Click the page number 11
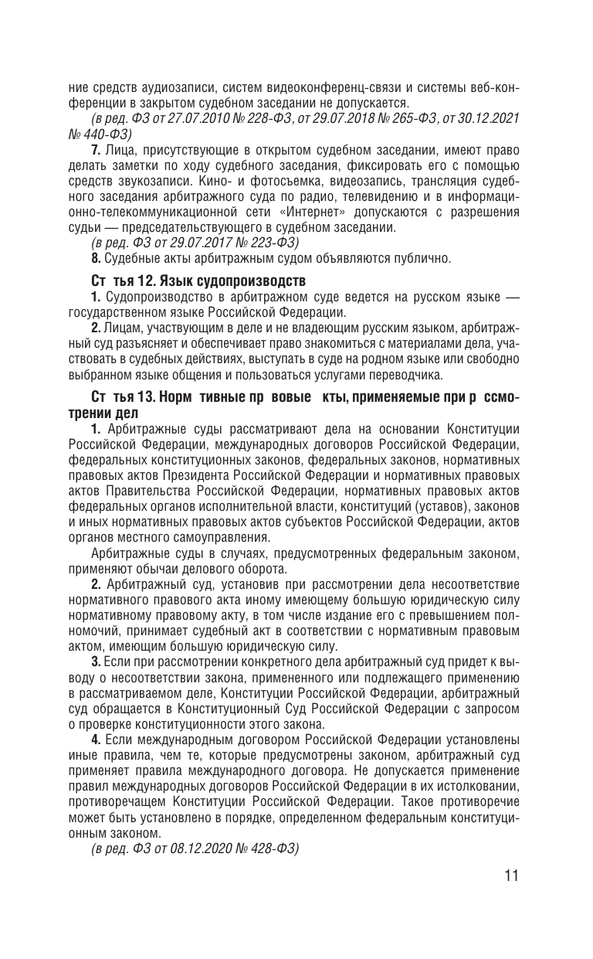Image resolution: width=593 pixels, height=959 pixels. [509, 876]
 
